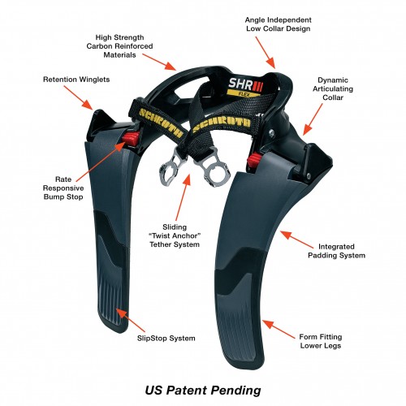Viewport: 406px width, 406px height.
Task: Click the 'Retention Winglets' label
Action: tap(76, 80)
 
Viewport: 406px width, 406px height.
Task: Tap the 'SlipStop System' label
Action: tap(166, 339)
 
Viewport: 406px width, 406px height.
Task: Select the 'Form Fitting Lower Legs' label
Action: tap(321, 341)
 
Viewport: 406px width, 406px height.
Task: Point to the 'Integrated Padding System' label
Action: tap(336, 251)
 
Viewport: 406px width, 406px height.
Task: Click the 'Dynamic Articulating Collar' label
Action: tap(333, 89)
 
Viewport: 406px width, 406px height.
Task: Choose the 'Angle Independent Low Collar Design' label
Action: tap(279, 24)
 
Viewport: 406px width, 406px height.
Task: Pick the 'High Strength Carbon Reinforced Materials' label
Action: tap(119, 46)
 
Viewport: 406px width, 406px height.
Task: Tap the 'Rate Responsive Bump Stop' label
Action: tap(63, 188)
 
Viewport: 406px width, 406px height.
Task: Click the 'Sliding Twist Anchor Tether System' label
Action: tap(175, 235)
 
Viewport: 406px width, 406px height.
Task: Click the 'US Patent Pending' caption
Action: tap(203, 391)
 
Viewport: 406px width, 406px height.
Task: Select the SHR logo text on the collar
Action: tap(246, 84)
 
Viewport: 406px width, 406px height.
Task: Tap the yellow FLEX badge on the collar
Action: tap(244, 93)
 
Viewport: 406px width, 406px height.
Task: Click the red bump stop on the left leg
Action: tap(132, 138)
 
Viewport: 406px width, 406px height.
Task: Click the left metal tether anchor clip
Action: tap(169, 168)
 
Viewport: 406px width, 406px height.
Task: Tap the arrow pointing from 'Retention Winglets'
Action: tap(79, 98)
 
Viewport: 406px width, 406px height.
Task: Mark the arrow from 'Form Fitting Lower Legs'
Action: tap(279, 330)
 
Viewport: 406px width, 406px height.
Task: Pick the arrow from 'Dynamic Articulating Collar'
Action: tap(313, 119)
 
